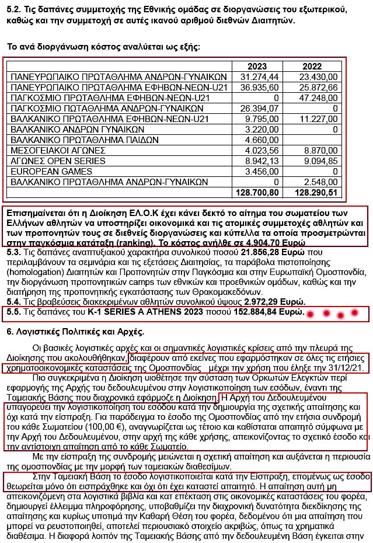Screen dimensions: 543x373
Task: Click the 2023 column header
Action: click(x=257, y=66)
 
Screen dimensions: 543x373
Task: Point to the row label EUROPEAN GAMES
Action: click(x=47, y=171)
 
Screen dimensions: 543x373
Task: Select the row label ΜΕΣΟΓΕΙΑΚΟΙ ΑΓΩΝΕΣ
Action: click(x=57, y=150)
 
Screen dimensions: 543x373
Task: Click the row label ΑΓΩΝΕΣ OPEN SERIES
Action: click(x=58, y=161)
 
